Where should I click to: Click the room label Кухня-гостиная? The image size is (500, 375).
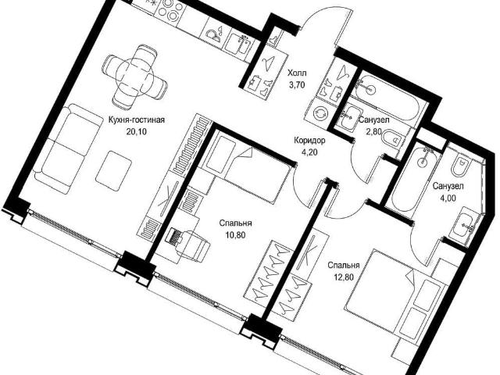tap(137, 120)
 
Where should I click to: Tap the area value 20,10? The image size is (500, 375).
tap(137, 131)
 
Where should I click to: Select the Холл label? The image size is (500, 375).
tap(297, 73)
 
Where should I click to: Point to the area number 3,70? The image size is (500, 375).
tap(297, 84)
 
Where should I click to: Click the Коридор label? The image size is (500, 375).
tap(309, 141)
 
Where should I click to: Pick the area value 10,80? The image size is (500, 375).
tap(236, 235)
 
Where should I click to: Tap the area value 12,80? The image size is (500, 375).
tap(344, 277)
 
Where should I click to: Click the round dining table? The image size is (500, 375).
tap(135, 77)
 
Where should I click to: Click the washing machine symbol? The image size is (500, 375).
tap(320, 112)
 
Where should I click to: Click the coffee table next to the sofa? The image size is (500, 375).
tap(113, 171)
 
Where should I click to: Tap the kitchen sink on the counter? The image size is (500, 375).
tap(238, 46)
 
